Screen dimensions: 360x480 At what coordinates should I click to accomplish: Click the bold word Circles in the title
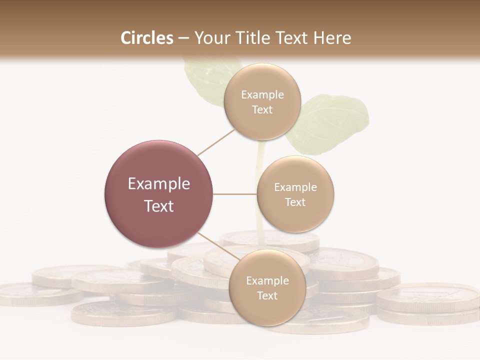pyautogui.click(x=147, y=38)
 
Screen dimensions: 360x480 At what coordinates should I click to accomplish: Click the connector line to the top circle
pyautogui.click(x=216, y=142)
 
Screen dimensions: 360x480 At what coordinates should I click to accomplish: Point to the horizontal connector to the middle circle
pyautogui.click(x=235, y=194)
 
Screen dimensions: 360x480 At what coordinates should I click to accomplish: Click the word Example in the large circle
pyautogui.click(x=159, y=184)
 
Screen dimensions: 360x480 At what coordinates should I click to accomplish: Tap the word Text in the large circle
pyautogui.click(x=159, y=206)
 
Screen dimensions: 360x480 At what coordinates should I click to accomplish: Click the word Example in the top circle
pyautogui.click(x=262, y=94)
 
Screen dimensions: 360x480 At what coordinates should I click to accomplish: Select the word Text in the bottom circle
pyautogui.click(x=267, y=295)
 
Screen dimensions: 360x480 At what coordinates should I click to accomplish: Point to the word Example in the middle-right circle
pyautogui.click(x=295, y=187)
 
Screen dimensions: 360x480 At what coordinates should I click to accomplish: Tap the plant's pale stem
pyautogui.click(x=259, y=200)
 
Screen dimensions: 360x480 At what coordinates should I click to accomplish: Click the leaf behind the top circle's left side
pyautogui.click(x=202, y=80)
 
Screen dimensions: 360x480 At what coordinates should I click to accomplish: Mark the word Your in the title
pyautogui.click(x=210, y=38)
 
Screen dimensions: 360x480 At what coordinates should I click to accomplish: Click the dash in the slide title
pyautogui.click(x=183, y=38)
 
